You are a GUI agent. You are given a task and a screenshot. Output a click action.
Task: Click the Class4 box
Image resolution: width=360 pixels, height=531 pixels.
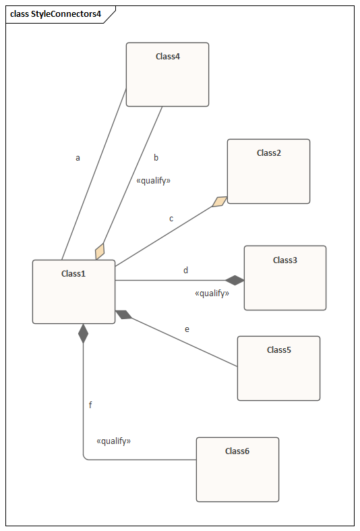point(167,74)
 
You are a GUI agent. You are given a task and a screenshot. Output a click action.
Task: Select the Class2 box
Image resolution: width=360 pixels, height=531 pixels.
point(268,171)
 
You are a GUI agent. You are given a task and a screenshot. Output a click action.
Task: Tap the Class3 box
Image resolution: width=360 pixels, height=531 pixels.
point(285,278)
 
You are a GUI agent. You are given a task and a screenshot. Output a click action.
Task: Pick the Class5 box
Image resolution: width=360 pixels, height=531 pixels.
point(279,368)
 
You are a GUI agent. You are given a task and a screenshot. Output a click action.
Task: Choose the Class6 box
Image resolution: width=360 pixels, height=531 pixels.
point(237,470)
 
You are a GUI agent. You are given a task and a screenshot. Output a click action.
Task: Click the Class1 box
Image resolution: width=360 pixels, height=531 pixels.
point(73,292)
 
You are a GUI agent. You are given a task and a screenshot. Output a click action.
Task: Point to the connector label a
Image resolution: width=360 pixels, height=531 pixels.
point(78,158)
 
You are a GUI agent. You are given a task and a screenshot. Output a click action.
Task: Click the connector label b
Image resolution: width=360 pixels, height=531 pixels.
point(156,157)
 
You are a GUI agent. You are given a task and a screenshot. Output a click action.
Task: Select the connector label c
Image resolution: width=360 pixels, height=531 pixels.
point(171,219)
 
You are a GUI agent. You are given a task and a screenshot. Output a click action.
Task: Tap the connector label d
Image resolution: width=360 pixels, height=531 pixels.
point(186,271)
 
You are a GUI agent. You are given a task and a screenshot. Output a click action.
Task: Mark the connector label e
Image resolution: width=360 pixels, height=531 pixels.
point(187,329)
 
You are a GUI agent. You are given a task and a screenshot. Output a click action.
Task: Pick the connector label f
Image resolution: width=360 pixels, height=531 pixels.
point(90,405)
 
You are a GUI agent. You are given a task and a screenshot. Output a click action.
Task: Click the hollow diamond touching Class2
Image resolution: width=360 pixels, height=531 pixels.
point(220,202)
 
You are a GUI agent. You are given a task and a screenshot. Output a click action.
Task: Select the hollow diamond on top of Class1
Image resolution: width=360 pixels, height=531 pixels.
point(100,252)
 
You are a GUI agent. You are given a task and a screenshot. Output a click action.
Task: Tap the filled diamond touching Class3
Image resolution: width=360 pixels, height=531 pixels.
point(235,281)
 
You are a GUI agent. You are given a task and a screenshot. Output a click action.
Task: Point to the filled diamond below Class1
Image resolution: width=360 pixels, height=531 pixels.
point(83,333)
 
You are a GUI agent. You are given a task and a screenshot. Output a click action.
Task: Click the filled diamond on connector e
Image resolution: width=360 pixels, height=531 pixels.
point(124,314)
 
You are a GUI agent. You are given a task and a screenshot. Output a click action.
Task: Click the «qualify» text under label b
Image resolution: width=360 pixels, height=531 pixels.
point(153,181)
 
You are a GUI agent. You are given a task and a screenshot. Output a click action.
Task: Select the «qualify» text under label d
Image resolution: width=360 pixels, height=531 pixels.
point(212,293)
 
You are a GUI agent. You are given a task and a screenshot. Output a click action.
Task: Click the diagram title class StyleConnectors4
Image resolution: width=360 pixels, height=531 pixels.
point(55,14)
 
